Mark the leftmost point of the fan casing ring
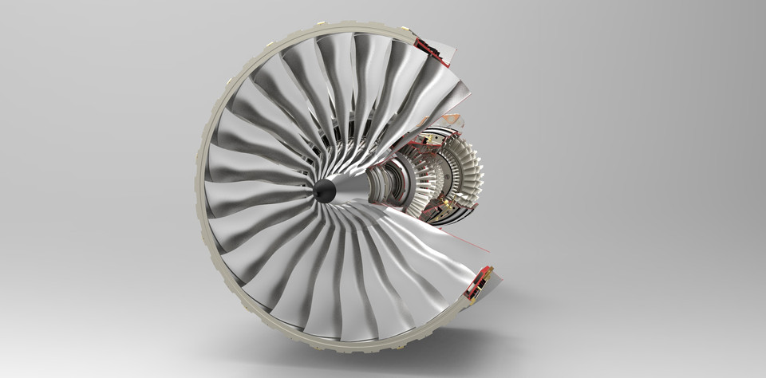[x=195, y=191]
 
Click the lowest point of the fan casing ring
[x=351, y=350]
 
